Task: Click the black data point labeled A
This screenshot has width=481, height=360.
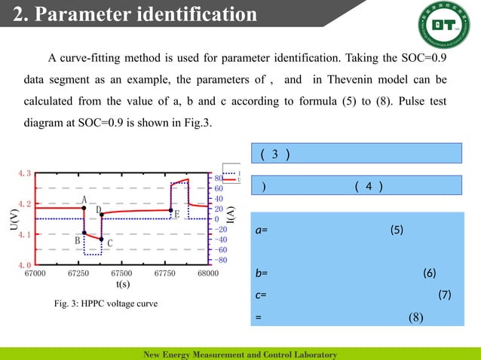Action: [x=84, y=207]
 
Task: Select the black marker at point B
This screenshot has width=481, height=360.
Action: [x=84, y=233]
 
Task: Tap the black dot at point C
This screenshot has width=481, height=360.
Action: [x=101, y=239]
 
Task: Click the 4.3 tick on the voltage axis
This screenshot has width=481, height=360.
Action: [x=24, y=174]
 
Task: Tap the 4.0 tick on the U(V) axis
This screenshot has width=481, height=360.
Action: [x=24, y=265]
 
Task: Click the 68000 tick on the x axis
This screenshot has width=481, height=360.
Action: [x=207, y=273]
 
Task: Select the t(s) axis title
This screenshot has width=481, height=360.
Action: [x=124, y=285]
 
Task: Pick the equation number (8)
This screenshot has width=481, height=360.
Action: [x=416, y=317]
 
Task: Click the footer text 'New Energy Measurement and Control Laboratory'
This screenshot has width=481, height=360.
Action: [x=240, y=354]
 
